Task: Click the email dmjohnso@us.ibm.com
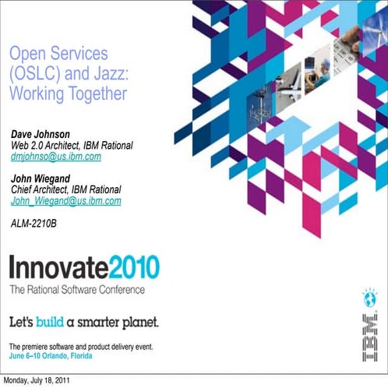tap(56, 157)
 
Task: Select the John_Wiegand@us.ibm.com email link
tap(66, 200)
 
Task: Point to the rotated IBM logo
tap(369, 343)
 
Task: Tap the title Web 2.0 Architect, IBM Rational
tap(72, 146)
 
